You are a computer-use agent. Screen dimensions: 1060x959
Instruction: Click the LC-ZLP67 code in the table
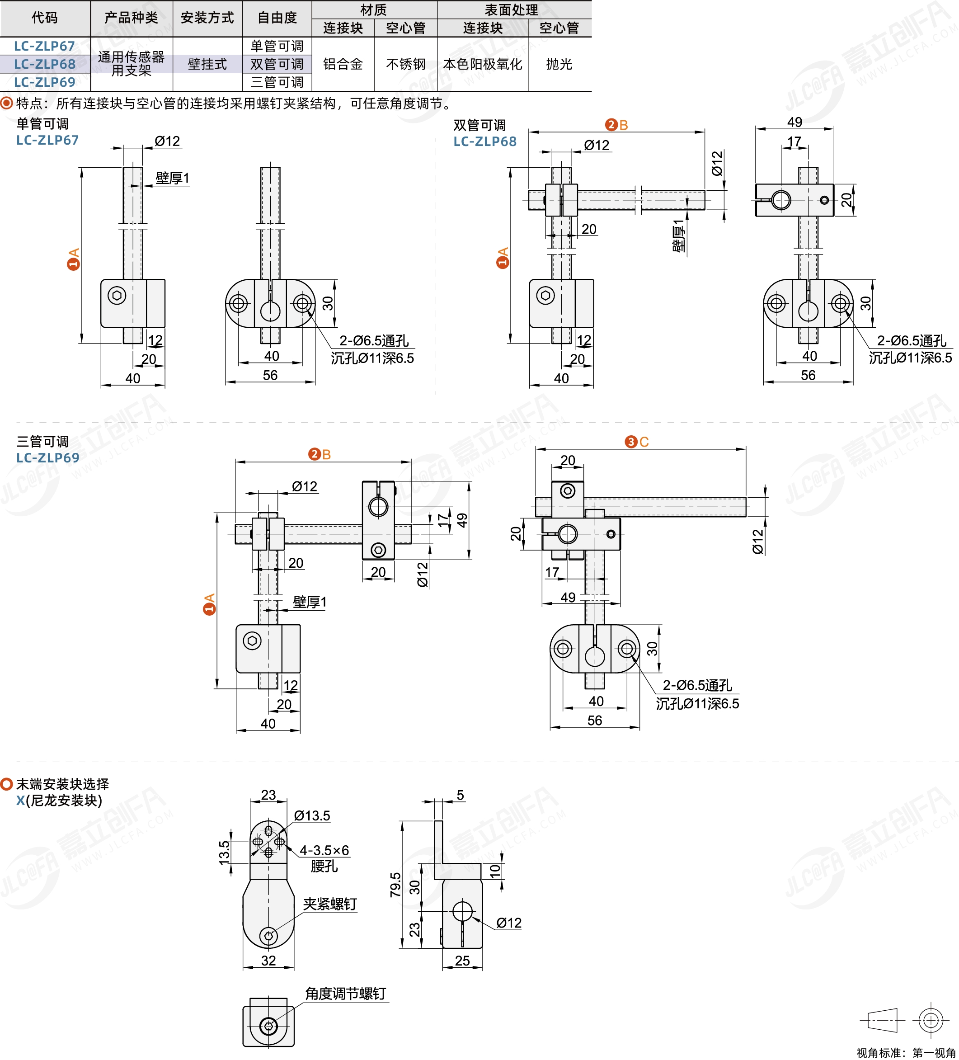tap(45, 46)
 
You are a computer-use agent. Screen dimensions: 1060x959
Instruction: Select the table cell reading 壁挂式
tap(207, 64)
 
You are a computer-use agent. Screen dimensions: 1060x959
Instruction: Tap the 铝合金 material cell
tap(343, 64)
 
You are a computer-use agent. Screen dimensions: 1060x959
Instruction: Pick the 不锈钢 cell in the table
tap(405, 64)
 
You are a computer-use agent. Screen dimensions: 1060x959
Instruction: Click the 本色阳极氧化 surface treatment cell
tap(482, 64)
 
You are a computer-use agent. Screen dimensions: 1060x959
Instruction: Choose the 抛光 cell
tap(559, 64)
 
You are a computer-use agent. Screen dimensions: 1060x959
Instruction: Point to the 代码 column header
tap(45, 18)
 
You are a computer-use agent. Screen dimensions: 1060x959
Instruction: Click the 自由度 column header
tap(277, 18)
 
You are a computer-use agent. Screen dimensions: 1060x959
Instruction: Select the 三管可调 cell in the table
tap(277, 82)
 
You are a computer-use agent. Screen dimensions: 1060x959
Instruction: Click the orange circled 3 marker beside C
tap(630, 442)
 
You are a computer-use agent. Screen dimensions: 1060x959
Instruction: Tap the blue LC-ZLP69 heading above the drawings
tap(48, 458)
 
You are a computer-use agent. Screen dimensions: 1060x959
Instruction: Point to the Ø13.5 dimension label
tap(312, 815)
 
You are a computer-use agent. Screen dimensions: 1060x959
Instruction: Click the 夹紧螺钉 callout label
tap(329, 904)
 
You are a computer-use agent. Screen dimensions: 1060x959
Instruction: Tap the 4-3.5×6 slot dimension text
tap(324, 850)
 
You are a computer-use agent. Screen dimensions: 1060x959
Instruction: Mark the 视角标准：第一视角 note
tap(906, 1053)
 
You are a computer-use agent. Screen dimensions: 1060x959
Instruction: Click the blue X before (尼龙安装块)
tap(20, 801)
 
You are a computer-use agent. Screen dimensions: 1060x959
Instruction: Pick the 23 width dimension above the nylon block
tap(268, 795)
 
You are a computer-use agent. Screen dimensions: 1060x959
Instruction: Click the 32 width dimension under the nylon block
tap(268, 961)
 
